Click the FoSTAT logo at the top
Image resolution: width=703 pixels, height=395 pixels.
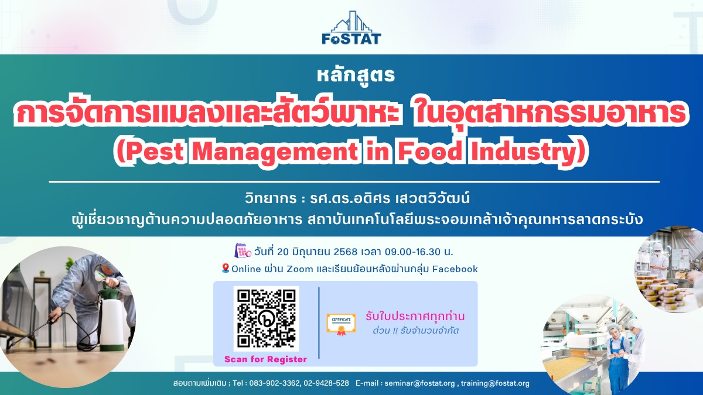click(351, 28)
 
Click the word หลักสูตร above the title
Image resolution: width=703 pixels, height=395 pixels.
click(356, 75)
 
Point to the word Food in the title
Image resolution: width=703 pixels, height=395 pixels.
click(430, 152)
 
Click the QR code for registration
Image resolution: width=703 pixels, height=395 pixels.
click(266, 318)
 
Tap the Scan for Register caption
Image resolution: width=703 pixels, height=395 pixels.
click(265, 359)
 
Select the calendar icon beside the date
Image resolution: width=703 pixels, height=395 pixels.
click(243, 251)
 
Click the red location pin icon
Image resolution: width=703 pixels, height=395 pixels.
click(226, 268)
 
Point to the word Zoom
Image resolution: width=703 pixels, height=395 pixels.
click(300, 269)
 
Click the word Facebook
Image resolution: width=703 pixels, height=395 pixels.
click(455, 269)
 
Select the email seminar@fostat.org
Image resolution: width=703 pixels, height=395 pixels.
click(419, 383)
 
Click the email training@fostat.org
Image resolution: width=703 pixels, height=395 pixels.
click(495, 383)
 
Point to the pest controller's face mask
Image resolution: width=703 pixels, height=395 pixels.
click(99, 275)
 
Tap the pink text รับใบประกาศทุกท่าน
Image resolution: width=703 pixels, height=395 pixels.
click(415, 316)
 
